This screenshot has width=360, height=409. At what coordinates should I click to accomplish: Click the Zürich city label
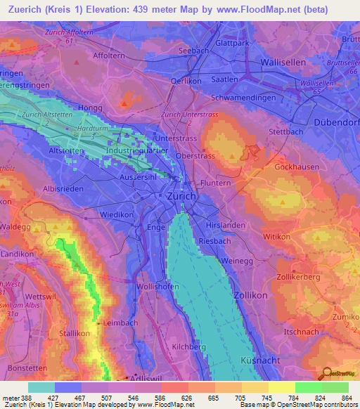tap(181, 198)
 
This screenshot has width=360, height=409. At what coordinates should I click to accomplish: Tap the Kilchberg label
tap(188, 347)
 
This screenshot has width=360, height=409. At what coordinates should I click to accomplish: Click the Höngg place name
tap(91, 108)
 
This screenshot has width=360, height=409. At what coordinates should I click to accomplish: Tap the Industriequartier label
tap(135, 150)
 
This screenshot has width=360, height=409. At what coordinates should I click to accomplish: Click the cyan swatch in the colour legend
tap(41, 387)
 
